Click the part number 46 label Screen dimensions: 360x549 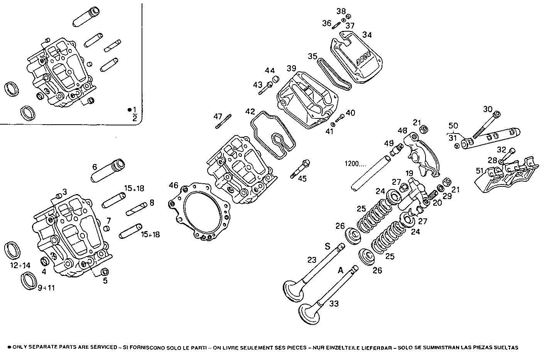click(174, 186)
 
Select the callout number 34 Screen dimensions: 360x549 click(367, 35)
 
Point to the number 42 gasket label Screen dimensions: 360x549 click(250, 112)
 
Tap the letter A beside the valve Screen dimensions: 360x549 click(341, 270)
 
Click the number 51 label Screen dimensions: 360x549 click(480, 171)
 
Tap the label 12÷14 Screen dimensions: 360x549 click(20, 265)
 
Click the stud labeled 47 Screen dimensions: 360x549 click(223, 122)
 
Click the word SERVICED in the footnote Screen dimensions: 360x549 click(103, 347)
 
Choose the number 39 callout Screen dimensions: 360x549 click(291, 68)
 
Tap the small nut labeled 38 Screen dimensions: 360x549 click(348, 16)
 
